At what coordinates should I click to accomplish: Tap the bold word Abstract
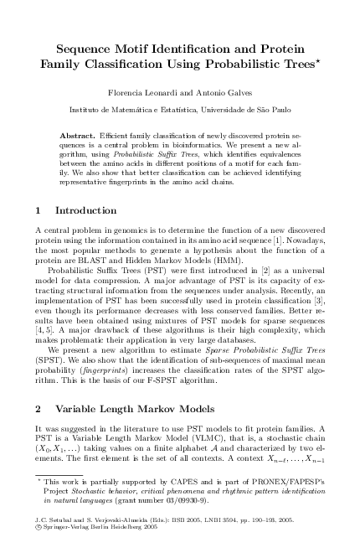pyautogui.click(x=80, y=134)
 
